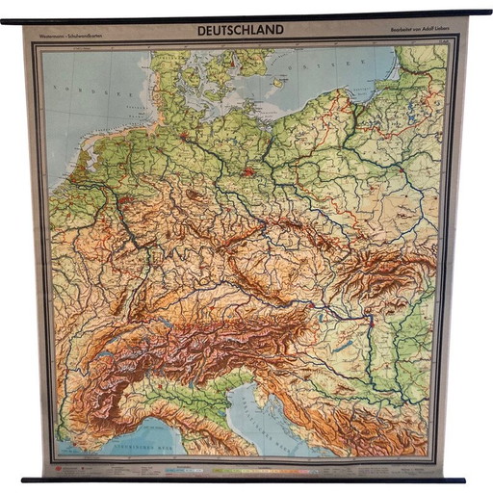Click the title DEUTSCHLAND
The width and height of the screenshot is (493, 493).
241,30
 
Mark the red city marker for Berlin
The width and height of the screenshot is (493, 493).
249,173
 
